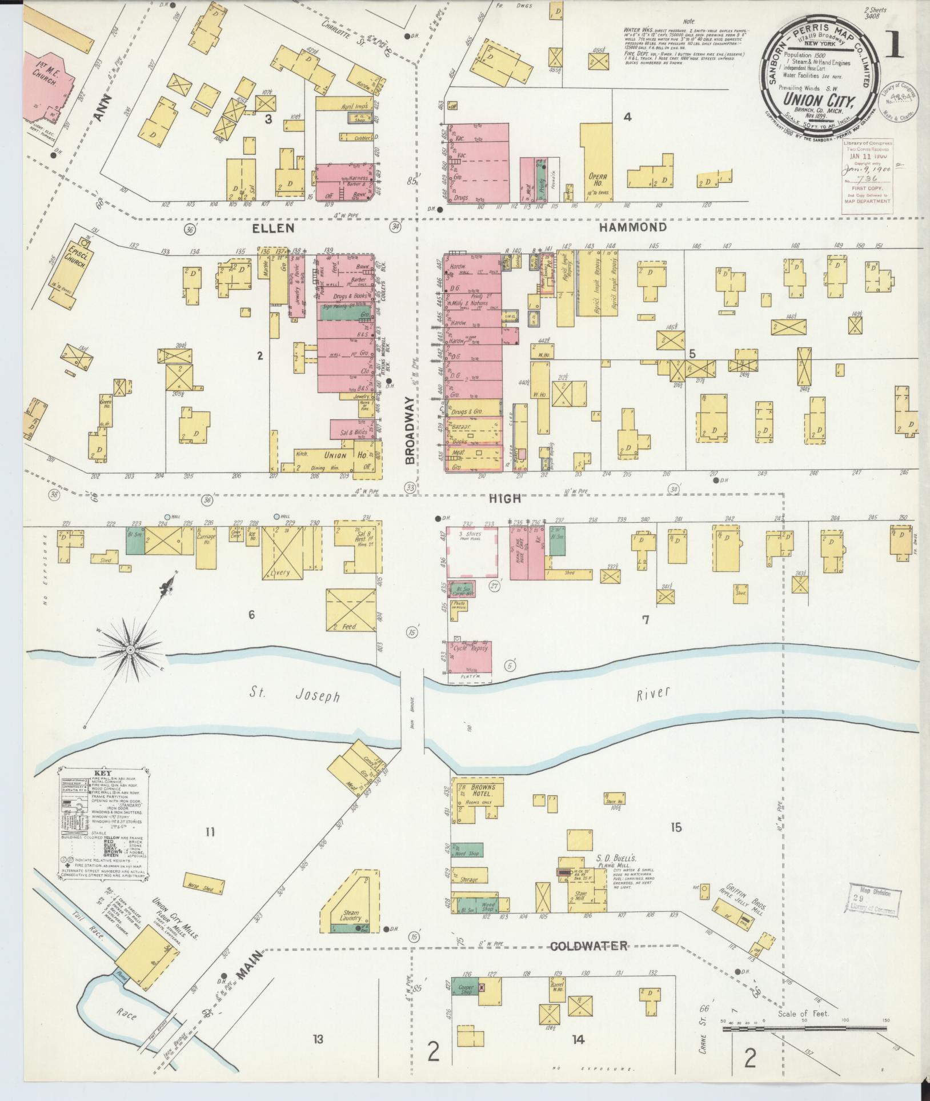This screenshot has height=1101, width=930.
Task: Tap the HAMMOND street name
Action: coord(632,227)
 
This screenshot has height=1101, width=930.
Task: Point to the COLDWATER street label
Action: coord(588,946)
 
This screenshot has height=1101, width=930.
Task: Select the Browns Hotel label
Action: coord(483,794)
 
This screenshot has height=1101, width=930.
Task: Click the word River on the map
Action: coord(654,692)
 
